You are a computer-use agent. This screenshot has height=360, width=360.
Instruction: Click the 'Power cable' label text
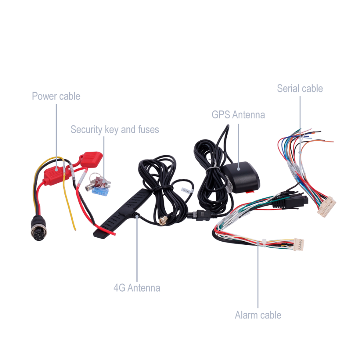pyautogui.click(x=56, y=96)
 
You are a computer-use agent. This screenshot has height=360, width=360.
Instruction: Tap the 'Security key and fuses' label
pyautogui.click(x=114, y=130)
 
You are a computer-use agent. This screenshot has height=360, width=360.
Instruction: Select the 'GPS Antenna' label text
pyautogui.click(x=238, y=115)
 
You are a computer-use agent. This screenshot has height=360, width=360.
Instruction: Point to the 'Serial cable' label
pyautogui.click(x=300, y=88)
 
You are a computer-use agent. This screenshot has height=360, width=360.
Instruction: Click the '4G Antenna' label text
pyautogui.click(x=137, y=288)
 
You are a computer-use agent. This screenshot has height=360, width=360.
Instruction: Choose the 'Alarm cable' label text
pyautogui.click(x=258, y=315)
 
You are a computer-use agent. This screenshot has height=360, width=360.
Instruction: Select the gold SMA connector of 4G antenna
pyautogui.click(x=163, y=221)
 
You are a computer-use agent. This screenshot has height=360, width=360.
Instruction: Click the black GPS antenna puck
pyautogui.click(x=241, y=177)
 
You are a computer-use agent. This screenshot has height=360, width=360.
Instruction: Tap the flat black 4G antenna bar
pyautogui.click(x=121, y=214)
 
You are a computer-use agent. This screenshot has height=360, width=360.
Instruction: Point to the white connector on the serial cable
pyautogui.click(x=326, y=207)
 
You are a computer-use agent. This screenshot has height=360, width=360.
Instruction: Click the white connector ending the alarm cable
pyautogui.click(x=299, y=244)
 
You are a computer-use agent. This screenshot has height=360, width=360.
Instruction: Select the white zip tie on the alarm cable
pyautogui.click(x=264, y=243)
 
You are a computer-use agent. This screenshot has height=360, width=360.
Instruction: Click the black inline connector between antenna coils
pyautogui.click(x=199, y=215)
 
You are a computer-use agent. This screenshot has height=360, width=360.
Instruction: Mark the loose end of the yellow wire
pyautogui.click(x=75, y=229)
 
